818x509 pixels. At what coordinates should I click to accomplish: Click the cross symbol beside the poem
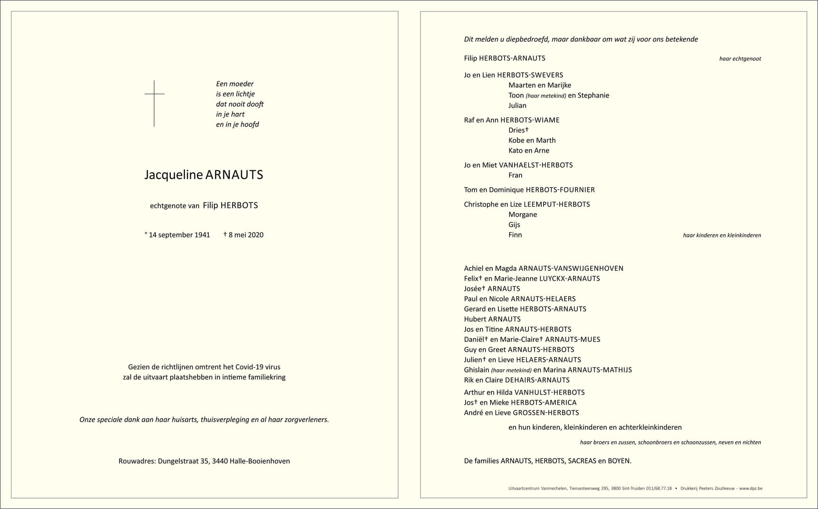click(x=154, y=103)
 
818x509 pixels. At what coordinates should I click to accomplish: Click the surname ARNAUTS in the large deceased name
click(x=234, y=175)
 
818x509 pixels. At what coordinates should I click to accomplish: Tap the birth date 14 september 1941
click(x=179, y=235)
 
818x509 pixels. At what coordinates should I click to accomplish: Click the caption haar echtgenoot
click(x=740, y=59)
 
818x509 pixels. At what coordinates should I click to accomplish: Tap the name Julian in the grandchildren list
click(x=517, y=105)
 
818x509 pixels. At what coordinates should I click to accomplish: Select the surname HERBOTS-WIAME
click(x=530, y=120)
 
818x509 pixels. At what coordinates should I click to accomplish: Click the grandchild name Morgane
click(x=523, y=214)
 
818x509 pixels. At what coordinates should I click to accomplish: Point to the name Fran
click(x=516, y=175)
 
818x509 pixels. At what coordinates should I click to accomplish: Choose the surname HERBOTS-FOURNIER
click(x=560, y=190)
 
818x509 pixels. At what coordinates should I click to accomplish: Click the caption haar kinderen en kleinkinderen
click(x=722, y=235)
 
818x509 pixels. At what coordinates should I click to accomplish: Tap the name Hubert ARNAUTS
click(x=492, y=319)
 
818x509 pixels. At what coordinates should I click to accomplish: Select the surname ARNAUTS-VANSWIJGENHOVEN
click(x=571, y=268)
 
